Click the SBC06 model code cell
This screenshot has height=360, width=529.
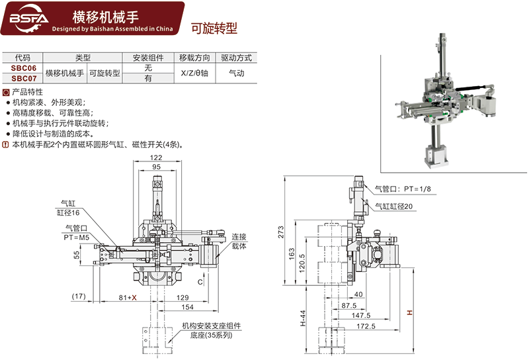[23, 68]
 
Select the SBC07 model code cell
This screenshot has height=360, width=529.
[23, 77]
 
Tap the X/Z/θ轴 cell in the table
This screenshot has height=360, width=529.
[195, 73]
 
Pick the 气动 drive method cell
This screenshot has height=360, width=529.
[236, 73]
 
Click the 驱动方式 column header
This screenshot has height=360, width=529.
[236, 58]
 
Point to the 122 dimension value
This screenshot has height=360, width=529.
[156, 157]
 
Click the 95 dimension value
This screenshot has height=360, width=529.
[156, 168]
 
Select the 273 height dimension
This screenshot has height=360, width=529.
[280, 232]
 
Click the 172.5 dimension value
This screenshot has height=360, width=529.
[365, 326]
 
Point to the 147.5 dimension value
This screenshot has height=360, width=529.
[361, 316]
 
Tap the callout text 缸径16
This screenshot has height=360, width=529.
[68, 212]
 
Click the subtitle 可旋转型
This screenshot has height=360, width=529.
[213, 28]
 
